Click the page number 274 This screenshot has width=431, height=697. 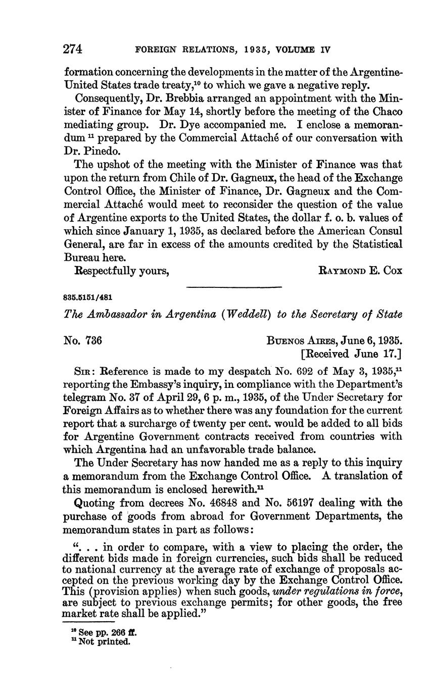click(x=73, y=49)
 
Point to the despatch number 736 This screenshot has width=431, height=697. click(x=93, y=341)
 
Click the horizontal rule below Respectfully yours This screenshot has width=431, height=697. click(x=233, y=287)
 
